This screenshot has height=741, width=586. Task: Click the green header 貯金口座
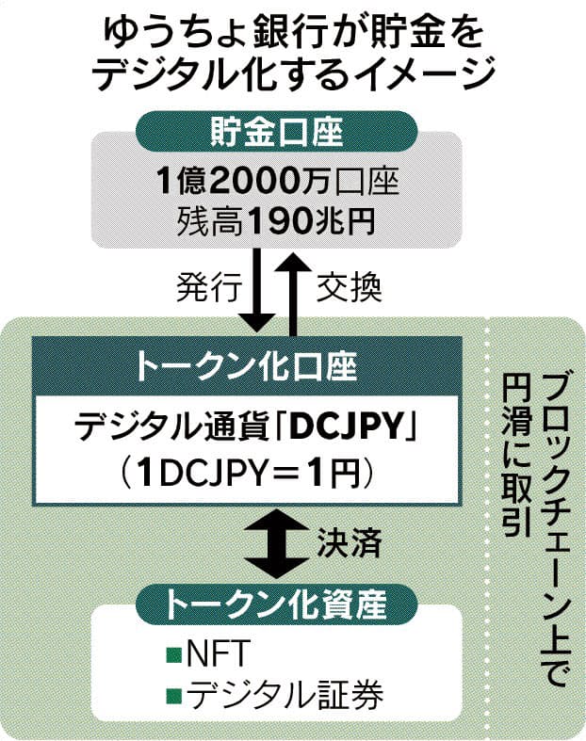[277, 132]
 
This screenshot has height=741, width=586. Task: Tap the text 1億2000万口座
[278, 182]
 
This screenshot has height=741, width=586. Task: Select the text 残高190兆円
[277, 220]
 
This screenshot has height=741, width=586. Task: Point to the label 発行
[209, 286]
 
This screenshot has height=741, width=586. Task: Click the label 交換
[349, 286]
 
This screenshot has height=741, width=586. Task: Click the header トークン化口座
[247, 366]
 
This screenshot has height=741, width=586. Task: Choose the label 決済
[349, 543]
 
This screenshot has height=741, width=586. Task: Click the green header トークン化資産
[277, 604]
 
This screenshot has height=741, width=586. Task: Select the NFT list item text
[217, 654]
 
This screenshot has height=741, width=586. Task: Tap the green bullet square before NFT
[174, 655]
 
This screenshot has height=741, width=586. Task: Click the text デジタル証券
[285, 694]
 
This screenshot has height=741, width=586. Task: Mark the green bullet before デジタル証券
[174, 695]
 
